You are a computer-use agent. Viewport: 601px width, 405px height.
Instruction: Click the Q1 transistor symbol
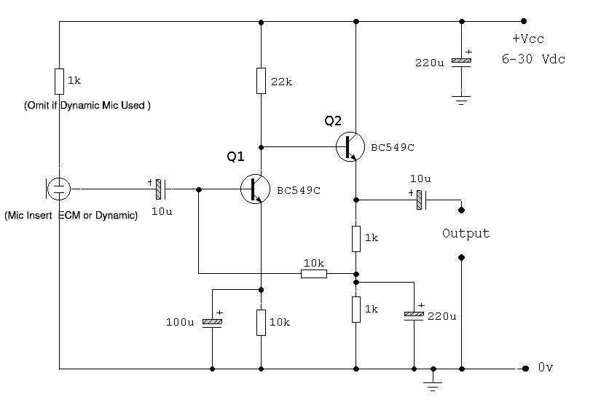point(254,189)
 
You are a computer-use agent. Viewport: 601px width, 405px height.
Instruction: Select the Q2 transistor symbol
point(349,146)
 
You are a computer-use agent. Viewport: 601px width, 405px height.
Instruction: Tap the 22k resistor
point(261,81)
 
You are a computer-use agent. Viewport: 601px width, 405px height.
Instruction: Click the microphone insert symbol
point(58,189)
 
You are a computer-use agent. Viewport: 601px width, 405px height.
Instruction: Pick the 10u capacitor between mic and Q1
point(159,189)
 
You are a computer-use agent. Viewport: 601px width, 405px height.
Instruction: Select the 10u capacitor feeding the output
point(420,199)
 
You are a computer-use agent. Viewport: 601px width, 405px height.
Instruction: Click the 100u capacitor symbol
point(212,322)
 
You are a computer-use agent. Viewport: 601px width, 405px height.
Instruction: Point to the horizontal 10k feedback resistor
point(313,274)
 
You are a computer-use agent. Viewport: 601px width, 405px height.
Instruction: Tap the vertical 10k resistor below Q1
point(261,322)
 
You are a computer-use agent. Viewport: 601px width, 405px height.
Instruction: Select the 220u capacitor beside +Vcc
point(458,63)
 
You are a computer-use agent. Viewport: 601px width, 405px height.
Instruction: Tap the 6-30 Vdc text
point(533,59)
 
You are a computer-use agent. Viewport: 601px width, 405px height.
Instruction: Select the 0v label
point(546,369)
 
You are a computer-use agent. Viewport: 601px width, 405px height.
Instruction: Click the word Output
point(466,234)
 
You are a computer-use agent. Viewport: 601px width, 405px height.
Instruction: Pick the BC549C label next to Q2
point(392,147)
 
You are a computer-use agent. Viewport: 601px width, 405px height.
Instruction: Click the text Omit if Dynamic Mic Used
point(87,105)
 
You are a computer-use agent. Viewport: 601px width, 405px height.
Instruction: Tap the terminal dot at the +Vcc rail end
point(523,21)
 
